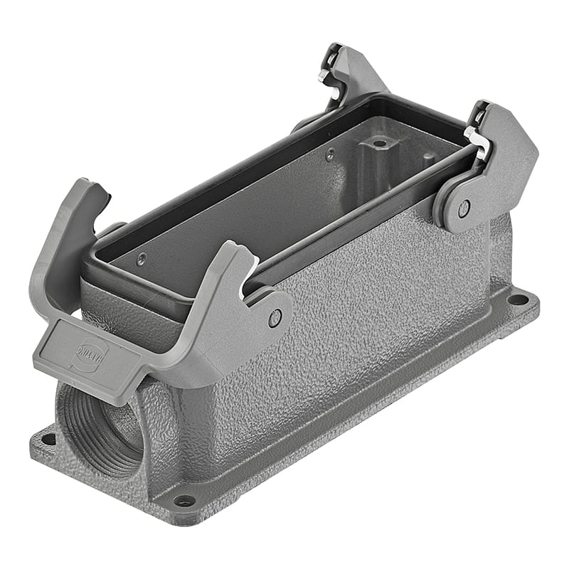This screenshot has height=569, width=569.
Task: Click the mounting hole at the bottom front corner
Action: pos(184,501)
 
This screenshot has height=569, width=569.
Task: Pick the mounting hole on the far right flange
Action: pos(518,299)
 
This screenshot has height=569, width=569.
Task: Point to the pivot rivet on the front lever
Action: pos(275,318)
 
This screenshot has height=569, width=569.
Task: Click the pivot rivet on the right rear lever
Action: pos(463,208)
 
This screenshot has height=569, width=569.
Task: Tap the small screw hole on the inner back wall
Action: pos(329,151)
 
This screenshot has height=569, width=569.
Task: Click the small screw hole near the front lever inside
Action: pos(142,258)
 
